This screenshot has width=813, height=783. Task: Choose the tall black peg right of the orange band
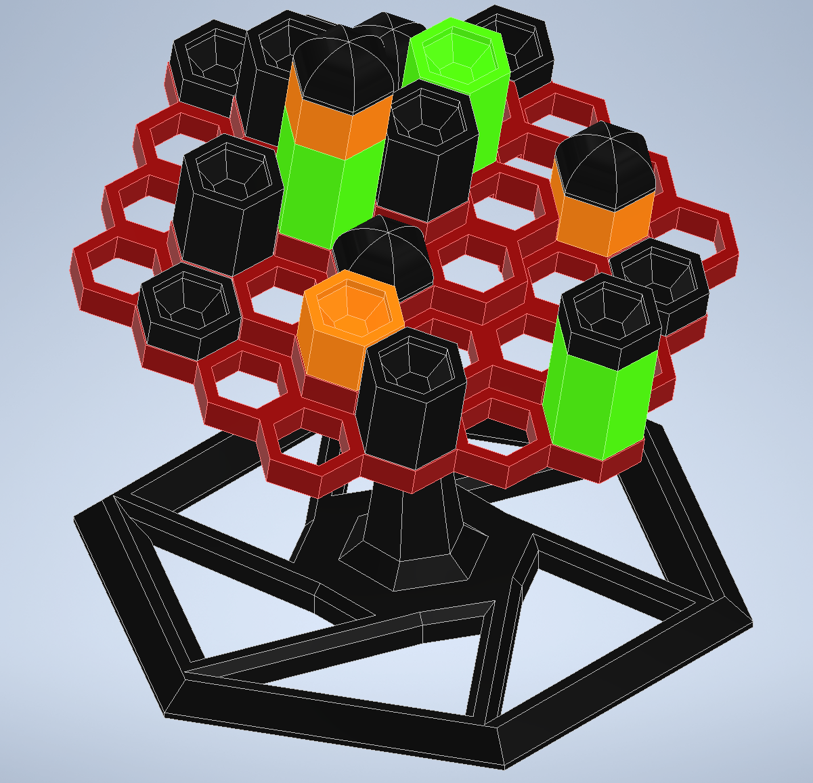426,156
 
